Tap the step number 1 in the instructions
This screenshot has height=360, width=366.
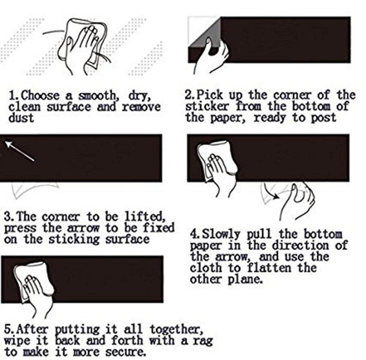12,95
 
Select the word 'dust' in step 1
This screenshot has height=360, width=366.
21,117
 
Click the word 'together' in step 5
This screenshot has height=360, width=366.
175,329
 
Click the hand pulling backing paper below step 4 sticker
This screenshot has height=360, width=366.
296,200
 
